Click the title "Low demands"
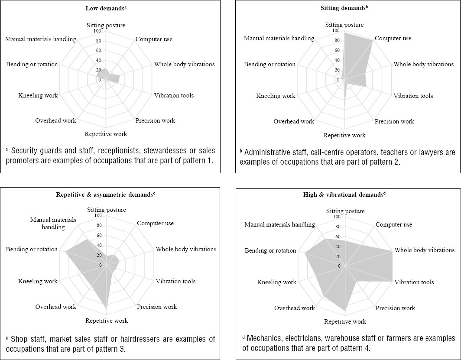[x=106, y=9]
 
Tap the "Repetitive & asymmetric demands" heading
[x=106, y=194]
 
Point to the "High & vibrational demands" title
[x=344, y=195]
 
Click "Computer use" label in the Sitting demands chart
[x=393, y=39]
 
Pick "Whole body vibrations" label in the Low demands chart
[x=184, y=65]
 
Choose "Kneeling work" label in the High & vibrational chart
[x=277, y=282]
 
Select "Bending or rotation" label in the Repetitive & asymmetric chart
[x=32, y=250]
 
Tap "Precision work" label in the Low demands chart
[x=156, y=121]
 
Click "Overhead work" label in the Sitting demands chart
[x=294, y=122]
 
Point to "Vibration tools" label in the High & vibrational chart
[x=414, y=282]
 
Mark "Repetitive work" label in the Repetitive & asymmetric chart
[x=107, y=321]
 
